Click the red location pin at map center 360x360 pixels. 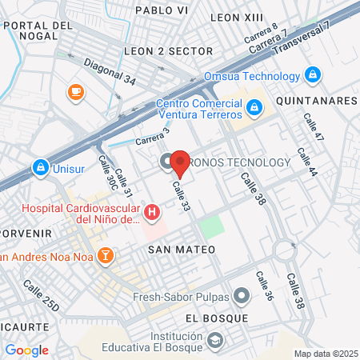coord(180,162)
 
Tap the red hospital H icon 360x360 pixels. coord(152,213)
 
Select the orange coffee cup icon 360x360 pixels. coord(77,93)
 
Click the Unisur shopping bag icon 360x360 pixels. coord(39,169)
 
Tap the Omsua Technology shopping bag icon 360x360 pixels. coord(314,76)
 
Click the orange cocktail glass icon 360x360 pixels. coord(104,256)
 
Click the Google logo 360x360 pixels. coord(26,350)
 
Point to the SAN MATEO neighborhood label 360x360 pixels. coord(182,250)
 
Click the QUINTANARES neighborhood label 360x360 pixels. coord(316,102)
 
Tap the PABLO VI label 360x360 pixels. coord(162,10)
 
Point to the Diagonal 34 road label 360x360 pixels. coord(110,72)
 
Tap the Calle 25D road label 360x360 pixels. coord(41,295)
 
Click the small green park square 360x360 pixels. coord(210,226)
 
